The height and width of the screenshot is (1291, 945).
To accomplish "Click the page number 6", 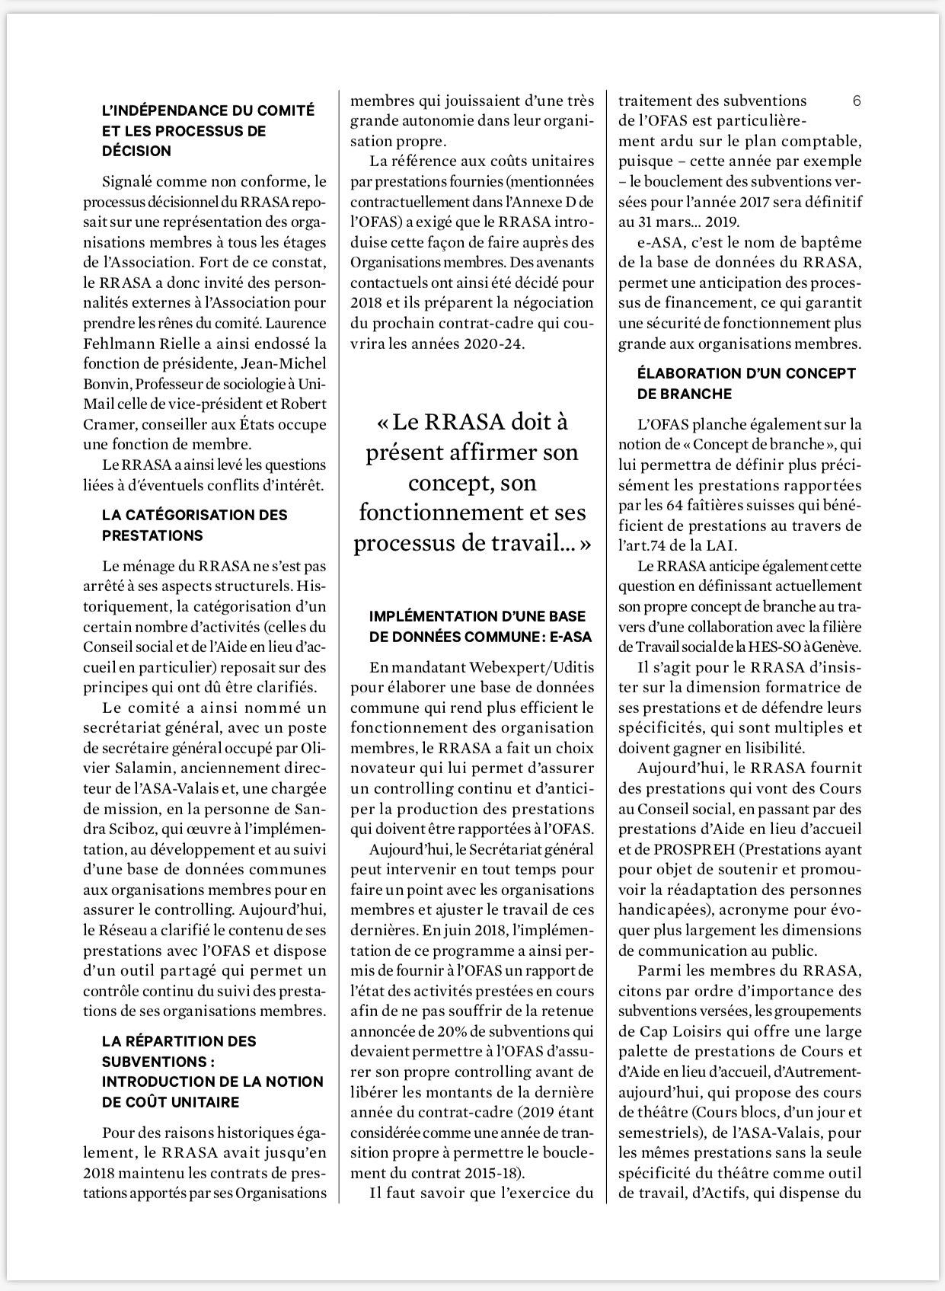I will click(x=857, y=101).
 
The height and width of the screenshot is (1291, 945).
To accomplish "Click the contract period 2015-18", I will click(x=485, y=1173).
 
